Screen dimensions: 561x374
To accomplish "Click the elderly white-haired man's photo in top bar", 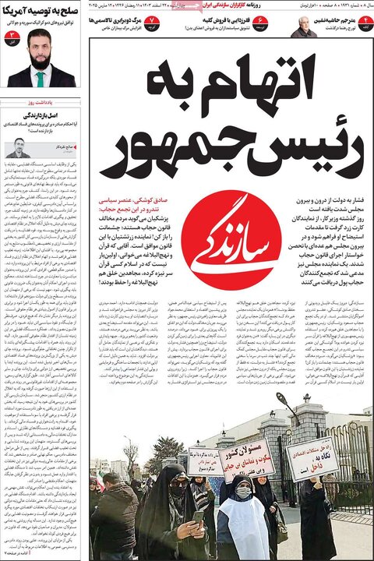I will pos(303,26).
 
